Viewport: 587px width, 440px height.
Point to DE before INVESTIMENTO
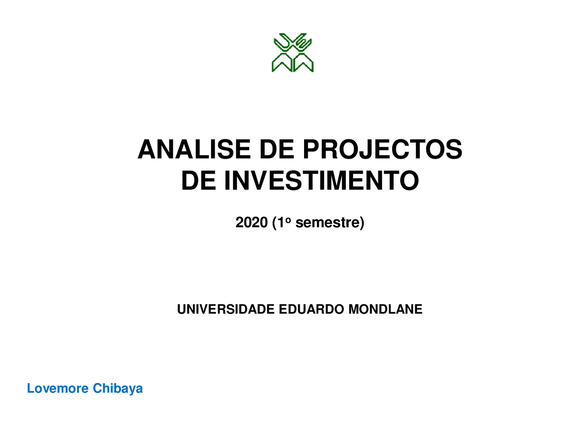[199, 181]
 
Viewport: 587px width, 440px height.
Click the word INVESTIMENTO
[321, 181]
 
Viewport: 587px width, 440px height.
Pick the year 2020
[251, 222]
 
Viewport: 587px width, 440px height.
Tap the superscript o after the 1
[288, 220]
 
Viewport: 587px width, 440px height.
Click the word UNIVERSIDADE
[226, 309]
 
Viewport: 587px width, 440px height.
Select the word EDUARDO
[311, 309]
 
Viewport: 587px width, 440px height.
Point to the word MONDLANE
[385, 309]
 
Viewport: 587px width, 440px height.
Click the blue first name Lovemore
[58, 388]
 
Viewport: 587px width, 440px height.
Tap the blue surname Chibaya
[118, 389]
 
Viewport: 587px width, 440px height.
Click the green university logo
[293, 53]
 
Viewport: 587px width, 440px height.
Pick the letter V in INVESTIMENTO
[260, 181]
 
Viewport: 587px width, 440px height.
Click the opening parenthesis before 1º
[274, 223]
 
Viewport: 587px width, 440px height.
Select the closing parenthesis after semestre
[361, 223]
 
